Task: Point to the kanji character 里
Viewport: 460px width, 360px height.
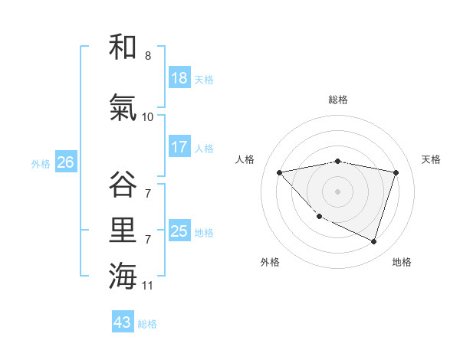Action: (123, 229)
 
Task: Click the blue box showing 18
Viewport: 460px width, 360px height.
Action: (179, 78)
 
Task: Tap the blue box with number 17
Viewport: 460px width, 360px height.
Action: (179, 147)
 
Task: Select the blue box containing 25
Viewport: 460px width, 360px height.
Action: (179, 231)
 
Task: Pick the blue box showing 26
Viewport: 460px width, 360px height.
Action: (65, 162)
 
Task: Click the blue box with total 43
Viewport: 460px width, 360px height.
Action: (123, 322)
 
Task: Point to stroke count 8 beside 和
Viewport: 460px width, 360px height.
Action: (148, 56)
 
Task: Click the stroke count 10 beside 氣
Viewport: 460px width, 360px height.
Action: (148, 117)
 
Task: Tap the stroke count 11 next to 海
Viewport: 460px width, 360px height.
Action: (148, 286)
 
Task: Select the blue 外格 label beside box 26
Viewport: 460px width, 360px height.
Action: (41, 163)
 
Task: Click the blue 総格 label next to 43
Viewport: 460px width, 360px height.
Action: (148, 323)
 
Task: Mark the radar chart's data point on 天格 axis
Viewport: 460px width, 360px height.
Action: (396, 172)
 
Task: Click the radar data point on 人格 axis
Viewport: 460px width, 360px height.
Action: (279, 172)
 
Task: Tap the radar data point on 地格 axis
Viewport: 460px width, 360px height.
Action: (373, 241)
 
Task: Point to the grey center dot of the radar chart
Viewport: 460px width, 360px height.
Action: (337, 191)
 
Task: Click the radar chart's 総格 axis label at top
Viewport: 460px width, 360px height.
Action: (337, 100)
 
